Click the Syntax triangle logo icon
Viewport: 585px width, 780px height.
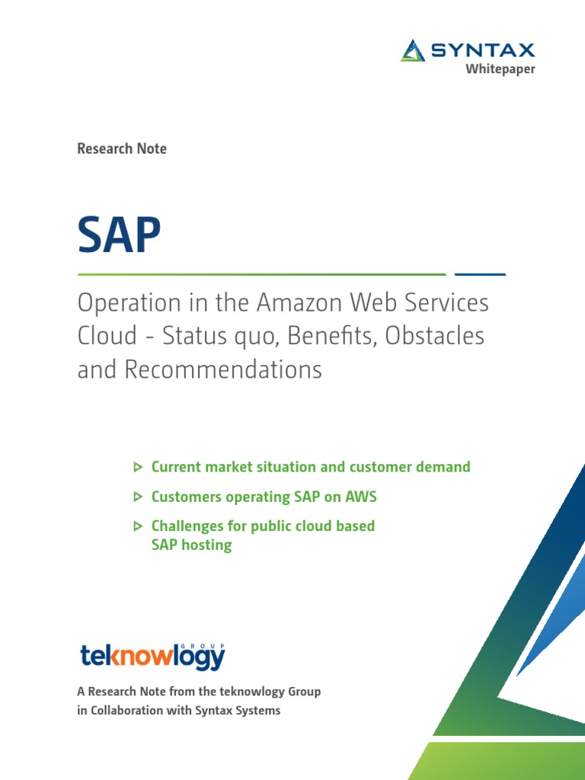click(x=413, y=50)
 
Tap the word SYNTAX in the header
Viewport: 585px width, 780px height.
click(x=483, y=51)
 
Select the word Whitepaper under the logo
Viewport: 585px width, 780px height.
click(x=500, y=69)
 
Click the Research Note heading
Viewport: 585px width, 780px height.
click(x=122, y=149)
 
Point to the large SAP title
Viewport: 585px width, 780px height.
click(x=119, y=236)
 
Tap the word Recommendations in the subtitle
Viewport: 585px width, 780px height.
click(x=222, y=370)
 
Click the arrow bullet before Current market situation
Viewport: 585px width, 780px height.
click(x=137, y=467)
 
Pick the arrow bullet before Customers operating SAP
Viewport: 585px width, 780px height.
click(x=137, y=497)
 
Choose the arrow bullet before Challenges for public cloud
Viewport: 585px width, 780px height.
click(x=137, y=526)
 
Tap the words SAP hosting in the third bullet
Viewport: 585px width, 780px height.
click(x=191, y=545)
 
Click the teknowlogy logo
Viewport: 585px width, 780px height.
click(x=152, y=655)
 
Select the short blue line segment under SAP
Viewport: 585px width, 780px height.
click(x=480, y=273)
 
